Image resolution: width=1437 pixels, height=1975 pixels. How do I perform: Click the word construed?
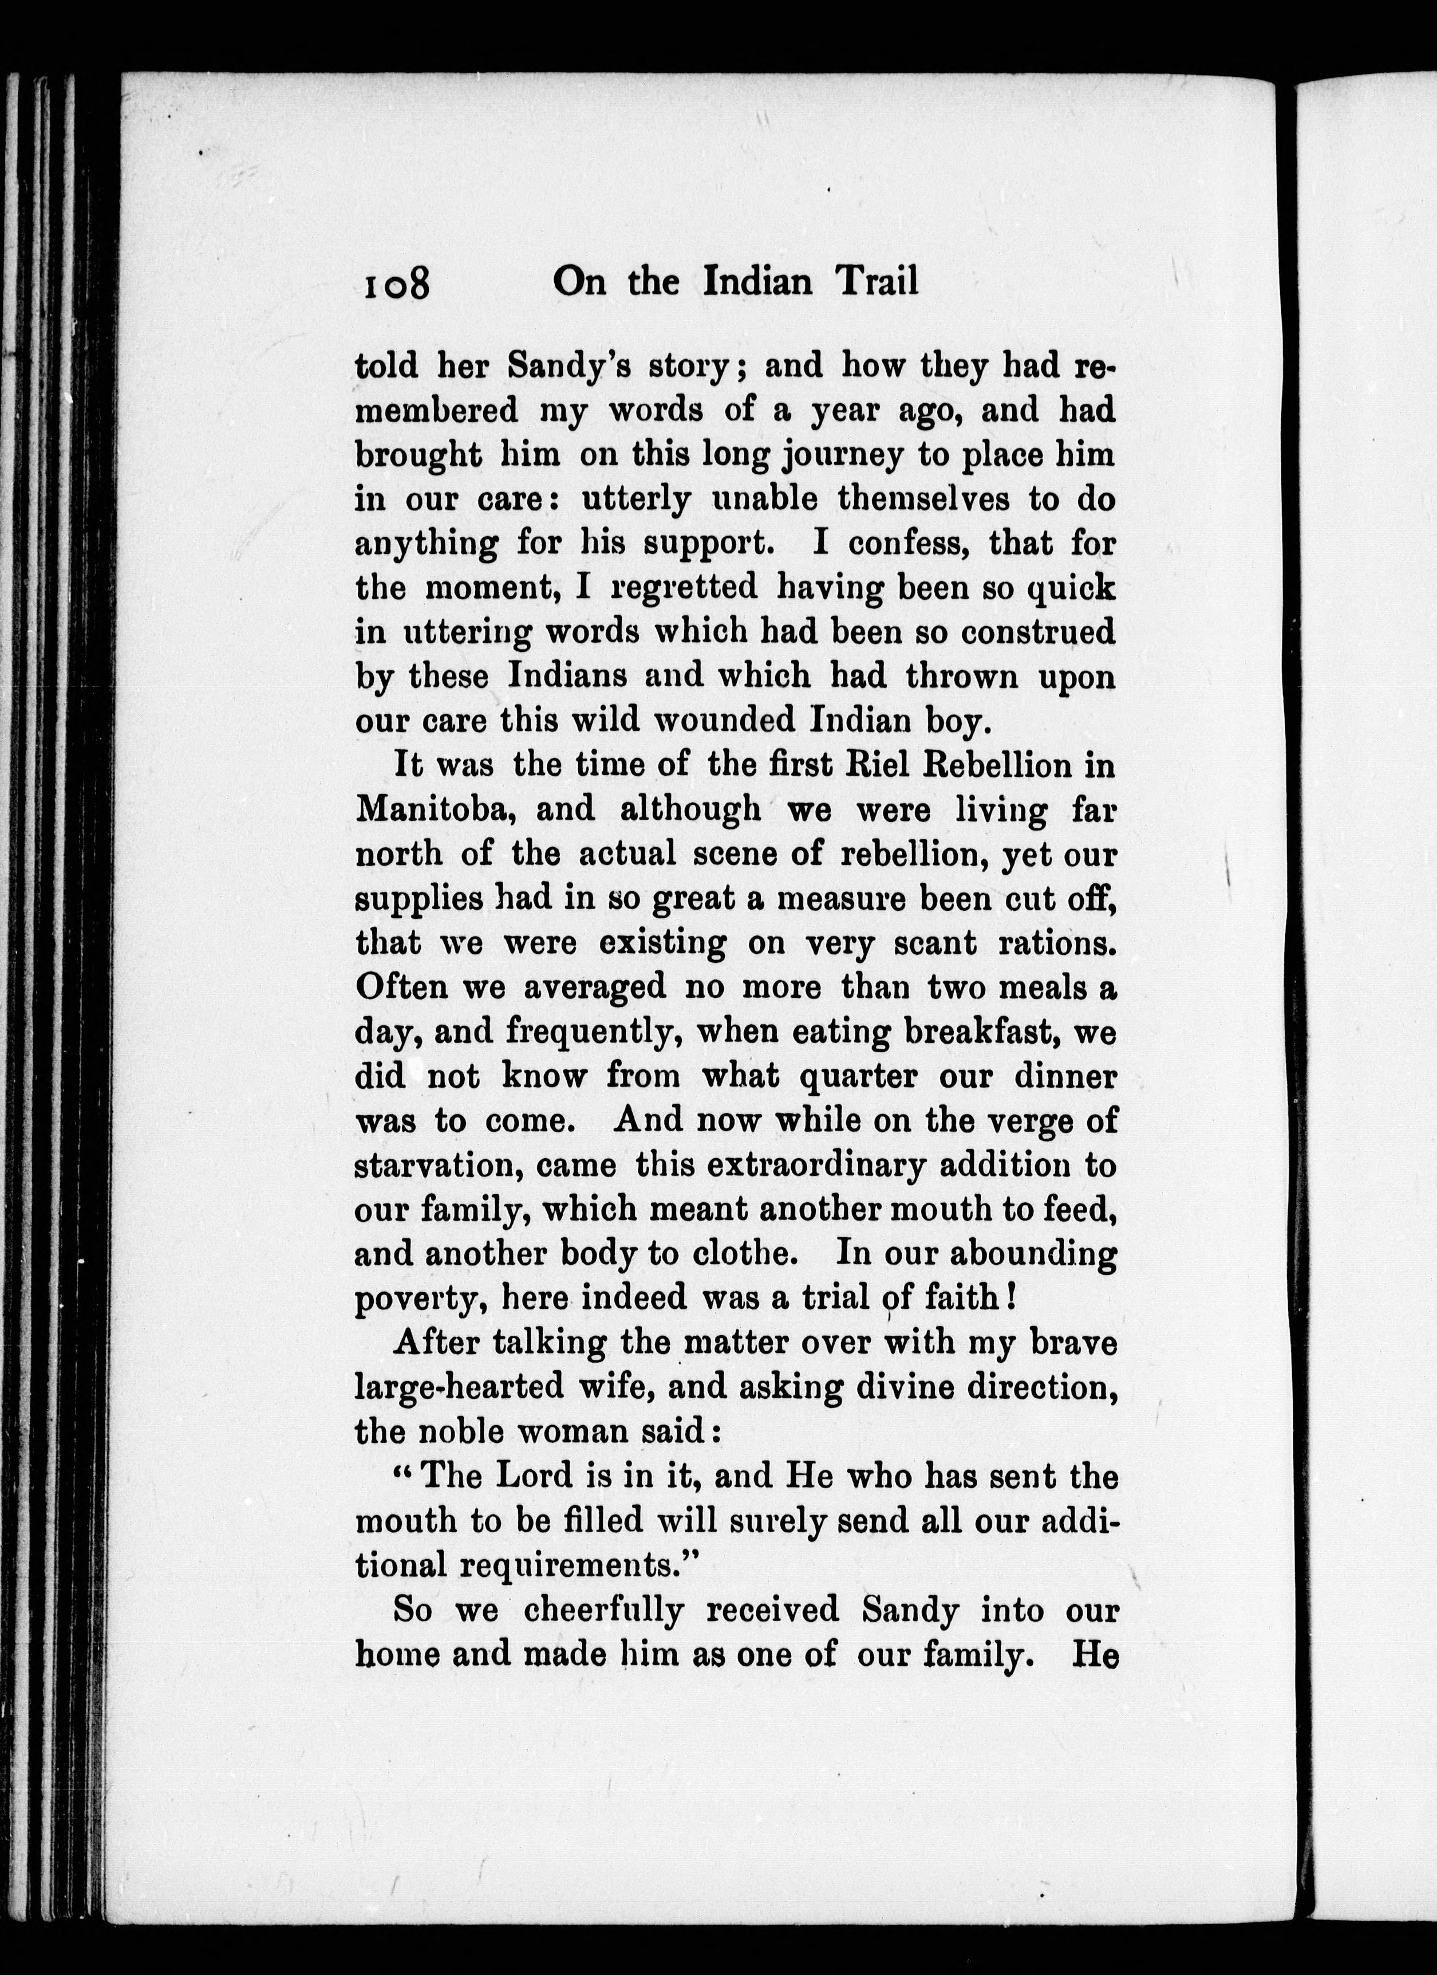(1039, 631)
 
